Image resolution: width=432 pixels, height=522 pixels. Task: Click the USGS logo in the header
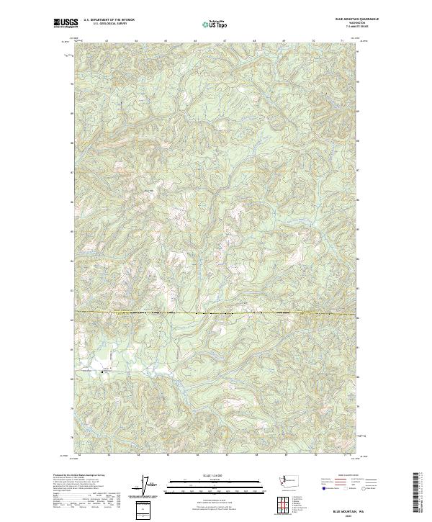tap(66, 24)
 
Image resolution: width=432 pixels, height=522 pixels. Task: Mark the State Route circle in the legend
tap(366, 487)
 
